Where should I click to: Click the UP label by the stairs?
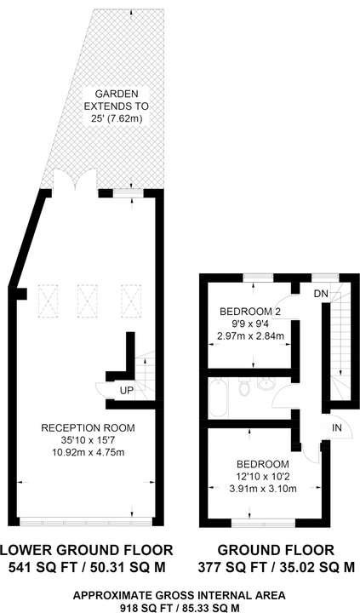(127, 390)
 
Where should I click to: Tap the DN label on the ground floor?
(321, 295)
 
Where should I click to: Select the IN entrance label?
(336, 428)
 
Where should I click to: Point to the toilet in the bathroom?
(244, 387)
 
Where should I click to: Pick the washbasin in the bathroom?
(266, 383)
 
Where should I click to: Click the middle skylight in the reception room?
(87, 301)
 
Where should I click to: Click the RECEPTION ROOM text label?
(88, 428)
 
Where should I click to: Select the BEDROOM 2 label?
(250, 312)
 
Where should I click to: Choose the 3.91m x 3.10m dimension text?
(263, 489)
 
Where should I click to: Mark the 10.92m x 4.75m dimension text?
(89, 452)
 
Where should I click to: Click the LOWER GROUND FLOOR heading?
(87, 550)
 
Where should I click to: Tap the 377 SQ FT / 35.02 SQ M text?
(277, 567)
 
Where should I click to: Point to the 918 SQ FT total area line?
(179, 608)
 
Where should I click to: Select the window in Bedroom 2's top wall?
(258, 278)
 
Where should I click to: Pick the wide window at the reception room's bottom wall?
(85, 522)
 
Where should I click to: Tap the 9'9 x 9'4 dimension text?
(250, 324)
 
